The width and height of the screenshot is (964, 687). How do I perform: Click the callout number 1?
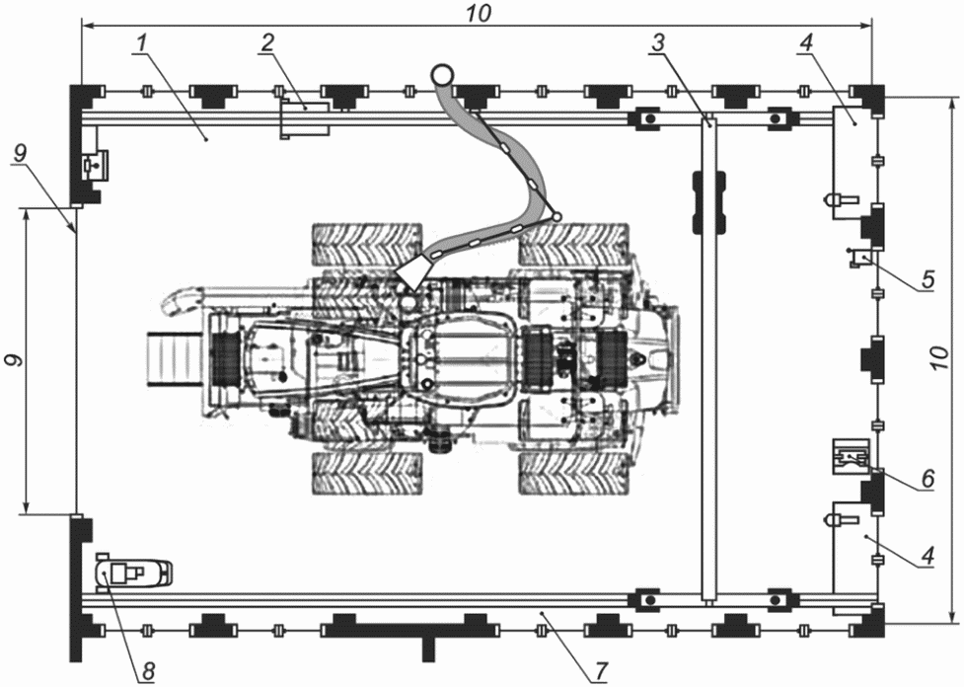tap(141, 43)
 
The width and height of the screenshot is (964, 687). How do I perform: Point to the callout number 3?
tap(658, 43)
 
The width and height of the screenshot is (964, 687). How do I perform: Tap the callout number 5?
tap(927, 279)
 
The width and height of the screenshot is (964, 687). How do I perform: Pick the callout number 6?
tap(927, 478)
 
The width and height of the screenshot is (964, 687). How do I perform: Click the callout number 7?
tap(601, 670)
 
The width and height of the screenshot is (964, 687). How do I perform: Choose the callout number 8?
tap(148, 670)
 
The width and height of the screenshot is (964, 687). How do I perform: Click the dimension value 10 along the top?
tap(479, 13)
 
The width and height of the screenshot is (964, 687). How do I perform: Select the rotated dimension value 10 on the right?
tap(939, 358)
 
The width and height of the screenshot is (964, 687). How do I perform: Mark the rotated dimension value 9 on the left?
tap(15, 360)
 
